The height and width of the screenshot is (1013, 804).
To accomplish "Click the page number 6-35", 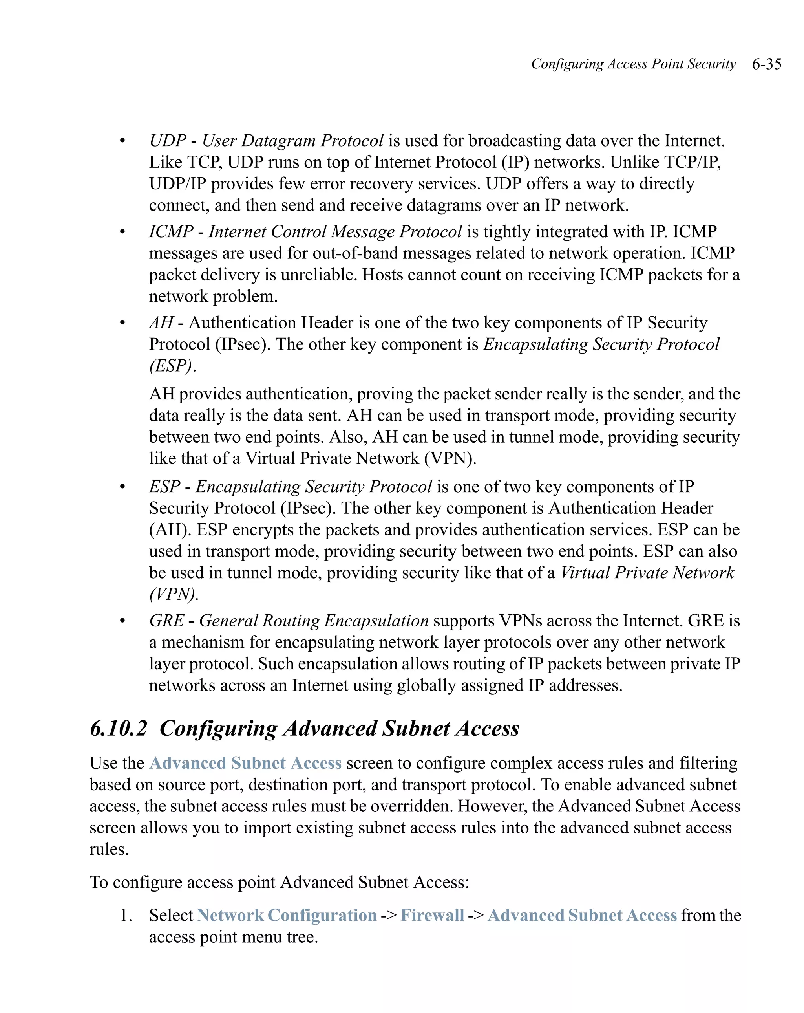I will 766,64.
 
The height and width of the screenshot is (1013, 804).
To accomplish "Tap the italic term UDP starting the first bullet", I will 168,141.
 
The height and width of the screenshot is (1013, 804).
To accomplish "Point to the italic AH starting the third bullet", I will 161,323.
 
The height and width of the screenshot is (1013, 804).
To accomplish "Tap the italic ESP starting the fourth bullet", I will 164,486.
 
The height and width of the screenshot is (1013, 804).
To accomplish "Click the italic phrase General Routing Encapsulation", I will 314,621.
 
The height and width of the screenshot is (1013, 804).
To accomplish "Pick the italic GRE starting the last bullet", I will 167,621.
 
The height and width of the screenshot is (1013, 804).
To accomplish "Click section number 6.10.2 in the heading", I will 118,728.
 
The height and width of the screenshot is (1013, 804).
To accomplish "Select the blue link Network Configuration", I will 287,915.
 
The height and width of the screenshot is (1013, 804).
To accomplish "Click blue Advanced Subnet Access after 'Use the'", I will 245,763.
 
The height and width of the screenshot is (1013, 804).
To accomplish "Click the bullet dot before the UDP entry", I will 122,141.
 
